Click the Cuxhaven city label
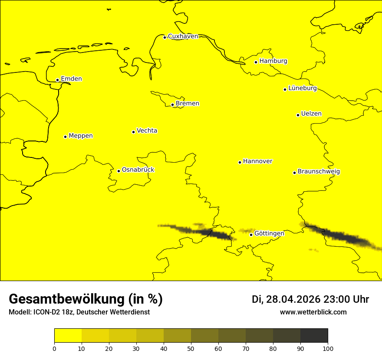[183, 36]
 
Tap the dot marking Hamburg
[256, 62]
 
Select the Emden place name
[71, 79]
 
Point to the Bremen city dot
[172, 105]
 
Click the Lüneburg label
[302, 88]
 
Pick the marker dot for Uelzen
[298, 115]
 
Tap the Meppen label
[81, 136]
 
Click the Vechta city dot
[133, 132]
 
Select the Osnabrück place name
[138, 170]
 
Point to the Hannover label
[257, 161]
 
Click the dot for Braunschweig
[294, 173]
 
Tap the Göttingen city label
[269, 233]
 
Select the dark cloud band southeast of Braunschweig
[343, 237]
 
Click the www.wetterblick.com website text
[313, 312]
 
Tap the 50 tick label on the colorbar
[191, 348]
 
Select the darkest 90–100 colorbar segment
[314, 335]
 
